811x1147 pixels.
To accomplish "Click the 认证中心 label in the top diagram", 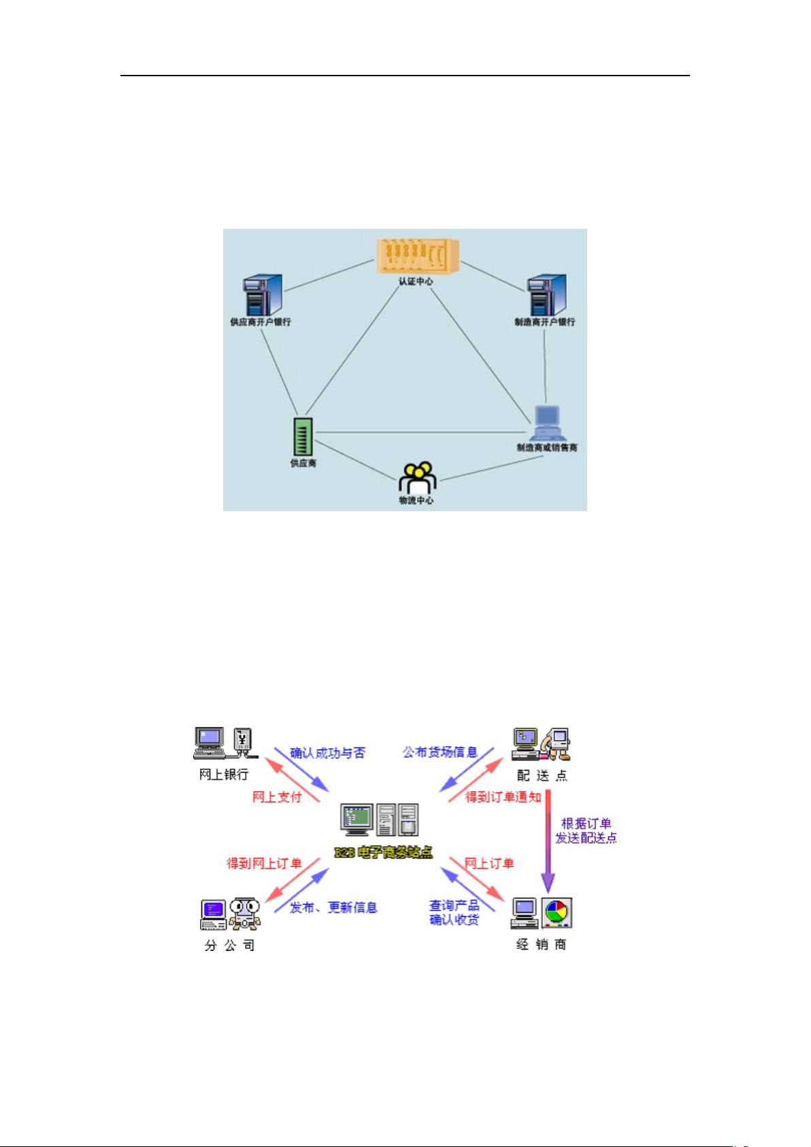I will click(x=416, y=281).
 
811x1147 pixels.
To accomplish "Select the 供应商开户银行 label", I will click(x=261, y=322).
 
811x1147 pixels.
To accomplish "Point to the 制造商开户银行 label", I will click(x=544, y=322).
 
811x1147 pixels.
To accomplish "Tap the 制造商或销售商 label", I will click(x=547, y=448).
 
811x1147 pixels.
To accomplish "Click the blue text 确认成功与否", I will click(x=327, y=753).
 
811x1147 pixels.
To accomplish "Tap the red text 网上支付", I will click(x=276, y=797).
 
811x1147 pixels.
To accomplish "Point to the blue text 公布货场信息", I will click(x=440, y=753).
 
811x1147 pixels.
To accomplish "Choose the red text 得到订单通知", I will click(x=503, y=797).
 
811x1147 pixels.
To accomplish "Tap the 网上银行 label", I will click(x=224, y=775).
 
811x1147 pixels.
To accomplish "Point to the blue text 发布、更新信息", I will click(x=333, y=907).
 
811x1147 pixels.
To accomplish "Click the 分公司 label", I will click(x=229, y=946).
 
